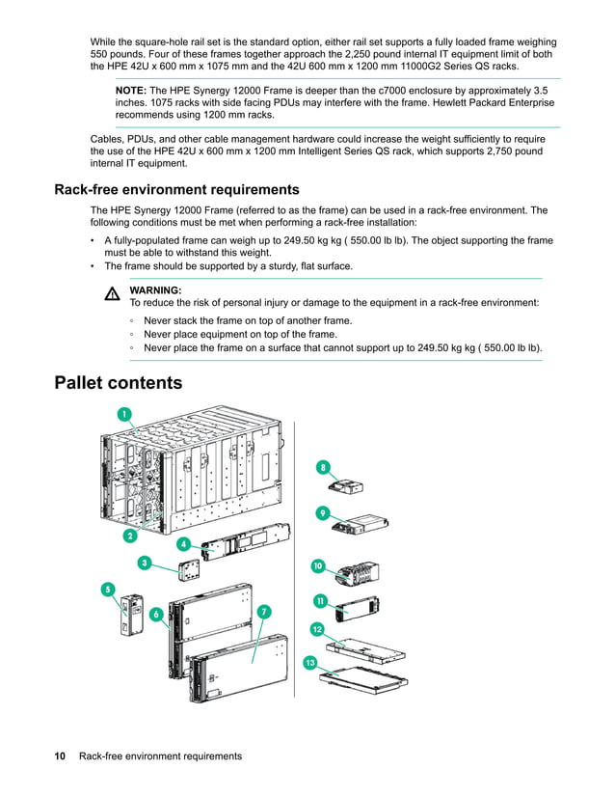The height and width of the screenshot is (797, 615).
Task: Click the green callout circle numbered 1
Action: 124,414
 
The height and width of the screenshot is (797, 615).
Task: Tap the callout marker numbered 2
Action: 128,536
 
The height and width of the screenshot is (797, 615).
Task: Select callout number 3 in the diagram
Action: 144,562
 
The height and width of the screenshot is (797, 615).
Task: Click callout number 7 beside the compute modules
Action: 264,611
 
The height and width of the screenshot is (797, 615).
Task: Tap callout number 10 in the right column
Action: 318,565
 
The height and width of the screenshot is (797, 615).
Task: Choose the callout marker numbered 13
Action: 309,662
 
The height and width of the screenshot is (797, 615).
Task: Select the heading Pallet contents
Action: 118,383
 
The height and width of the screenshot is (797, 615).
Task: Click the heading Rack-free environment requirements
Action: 176,189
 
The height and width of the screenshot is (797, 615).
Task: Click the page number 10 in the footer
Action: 59,756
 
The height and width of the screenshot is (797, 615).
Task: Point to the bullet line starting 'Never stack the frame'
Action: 247,320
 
